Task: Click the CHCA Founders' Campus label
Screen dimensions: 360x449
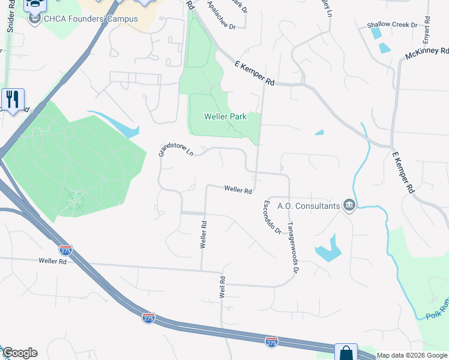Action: click(90, 19)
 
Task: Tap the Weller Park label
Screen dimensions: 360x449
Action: click(225, 117)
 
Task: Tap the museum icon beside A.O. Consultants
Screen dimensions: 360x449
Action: click(349, 206)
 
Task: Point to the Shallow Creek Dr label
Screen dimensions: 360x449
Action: click(392, 25)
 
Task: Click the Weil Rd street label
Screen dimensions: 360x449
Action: click(223, 288)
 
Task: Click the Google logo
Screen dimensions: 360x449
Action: click(20, 353)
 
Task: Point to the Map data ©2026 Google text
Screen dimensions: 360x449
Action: click(412, 355)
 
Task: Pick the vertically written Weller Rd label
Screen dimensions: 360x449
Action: click(204, 235)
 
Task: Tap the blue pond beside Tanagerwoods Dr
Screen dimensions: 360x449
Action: click(328, 247)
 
